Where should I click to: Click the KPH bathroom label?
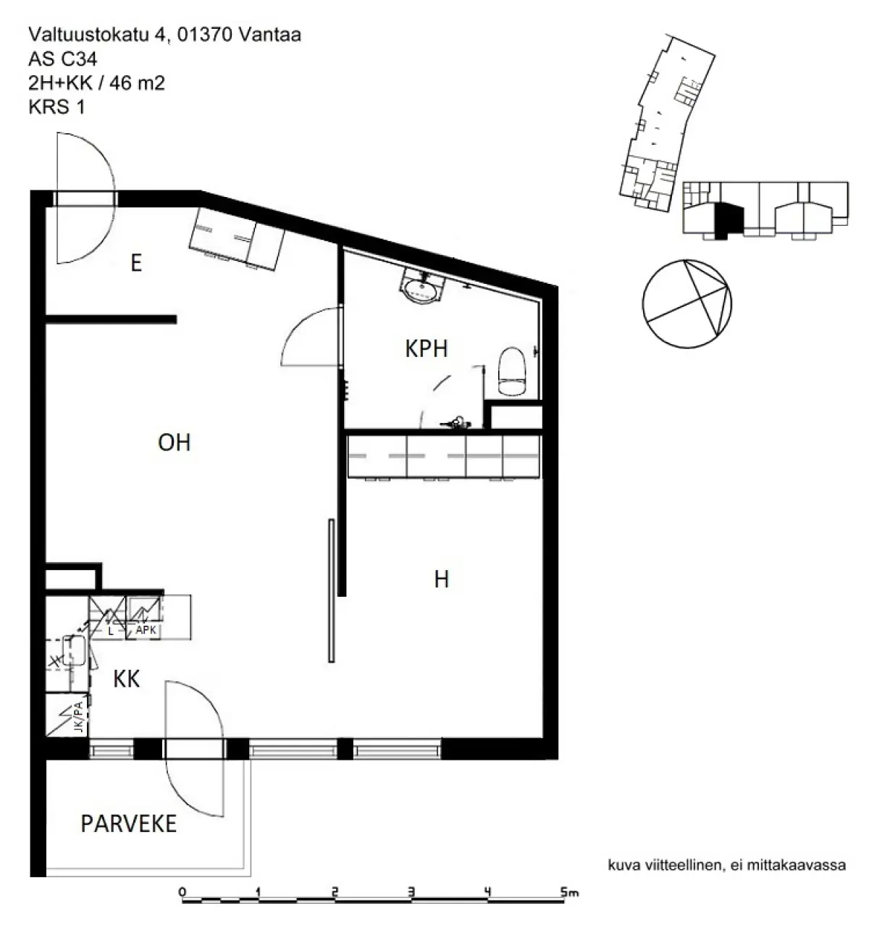click(426, 348)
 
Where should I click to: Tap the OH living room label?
click(175, 442)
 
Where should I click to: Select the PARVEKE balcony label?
click(128, 824)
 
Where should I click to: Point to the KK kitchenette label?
click(126, 679)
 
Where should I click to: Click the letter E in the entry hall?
click(136, 263)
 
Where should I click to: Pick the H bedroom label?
click(441, 579)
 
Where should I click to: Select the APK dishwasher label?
click(146, 629)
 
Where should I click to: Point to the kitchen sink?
click(75, 650)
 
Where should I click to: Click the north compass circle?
click(687, 304)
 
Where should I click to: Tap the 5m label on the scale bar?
click(569, 892)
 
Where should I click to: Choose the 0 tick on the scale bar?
click(182, 892)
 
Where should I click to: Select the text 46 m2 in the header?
click(138, 83)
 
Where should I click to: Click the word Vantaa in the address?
click(270, 35)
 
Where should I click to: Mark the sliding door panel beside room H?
click(332, 590)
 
